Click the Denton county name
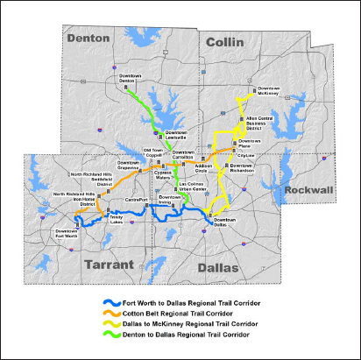tap(92, 39)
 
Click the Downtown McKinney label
tap(268, 90)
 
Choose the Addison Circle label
tap(204, 167)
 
